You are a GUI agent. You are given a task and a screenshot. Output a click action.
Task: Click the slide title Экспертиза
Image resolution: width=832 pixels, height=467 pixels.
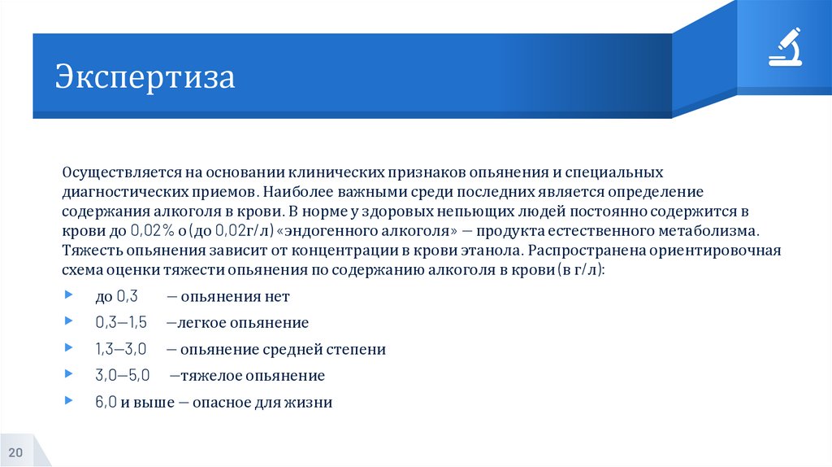tap(145, 78)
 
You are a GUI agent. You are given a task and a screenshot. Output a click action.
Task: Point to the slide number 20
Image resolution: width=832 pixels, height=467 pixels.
tap(16, 452)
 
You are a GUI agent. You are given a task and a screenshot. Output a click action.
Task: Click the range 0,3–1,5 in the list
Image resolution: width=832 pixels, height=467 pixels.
tap(120, 323)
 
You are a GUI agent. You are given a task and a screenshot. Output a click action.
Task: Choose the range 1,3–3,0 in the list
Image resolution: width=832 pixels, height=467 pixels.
tap(120, 350)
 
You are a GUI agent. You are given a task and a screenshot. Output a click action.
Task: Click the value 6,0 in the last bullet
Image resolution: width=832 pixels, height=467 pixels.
tap(106, 402)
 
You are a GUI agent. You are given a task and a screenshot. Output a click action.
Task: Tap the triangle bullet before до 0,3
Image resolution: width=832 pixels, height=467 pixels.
tap(67, 296)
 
